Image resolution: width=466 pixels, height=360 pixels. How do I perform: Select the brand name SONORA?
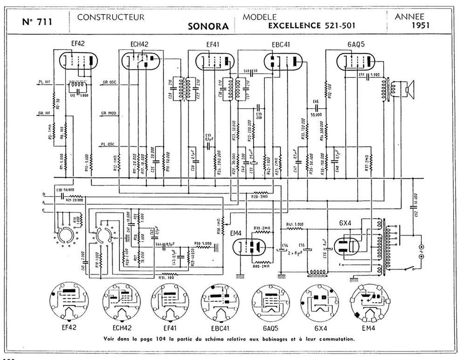[x=208, y=27]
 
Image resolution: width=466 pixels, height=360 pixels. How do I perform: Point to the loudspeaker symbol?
[x=409, y=89]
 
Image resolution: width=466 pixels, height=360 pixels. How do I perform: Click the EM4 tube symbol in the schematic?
[x=250, y=247]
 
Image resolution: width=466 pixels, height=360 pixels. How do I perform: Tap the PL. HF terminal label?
[x=44, y=82]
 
